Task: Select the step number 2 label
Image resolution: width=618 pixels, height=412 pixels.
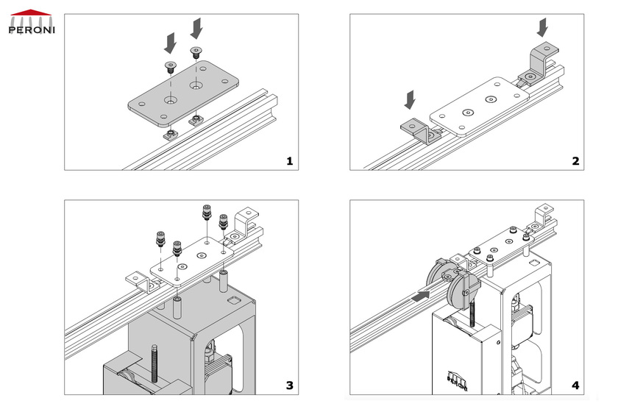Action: [575, 160]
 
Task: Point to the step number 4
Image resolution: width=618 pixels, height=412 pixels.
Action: [575, 385]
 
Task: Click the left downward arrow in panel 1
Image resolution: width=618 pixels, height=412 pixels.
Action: [170, 41]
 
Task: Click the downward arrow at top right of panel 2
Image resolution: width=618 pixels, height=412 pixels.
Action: [543, 28]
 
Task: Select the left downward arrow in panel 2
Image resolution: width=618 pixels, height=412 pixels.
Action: [410, 98]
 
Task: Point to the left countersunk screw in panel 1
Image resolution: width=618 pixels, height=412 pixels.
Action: [170, 67]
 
